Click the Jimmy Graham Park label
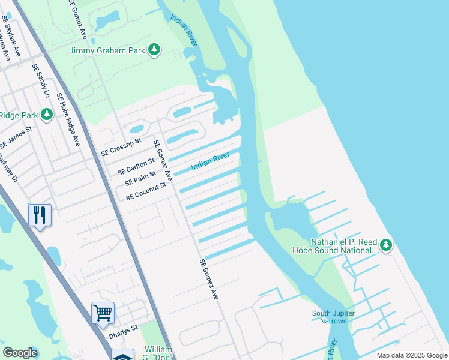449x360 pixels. tap(107, 51)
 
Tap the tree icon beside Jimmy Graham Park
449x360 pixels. tap(154, 50)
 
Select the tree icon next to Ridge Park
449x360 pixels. tap(46, 114)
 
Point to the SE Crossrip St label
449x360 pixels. tap(121, 148)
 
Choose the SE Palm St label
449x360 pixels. tap(140, 178)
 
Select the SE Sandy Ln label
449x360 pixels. tap(41, 81)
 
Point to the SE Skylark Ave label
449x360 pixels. tap(11, 38)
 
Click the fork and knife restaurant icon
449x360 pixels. tap(40, 215)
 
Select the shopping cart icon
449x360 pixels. tap(103, 313)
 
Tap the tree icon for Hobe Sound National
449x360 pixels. tap(386, 245)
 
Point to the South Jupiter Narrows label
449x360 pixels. tap(333, 317)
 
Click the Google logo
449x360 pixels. tap(20, 353)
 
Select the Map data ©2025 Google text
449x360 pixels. tap(412, 355)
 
